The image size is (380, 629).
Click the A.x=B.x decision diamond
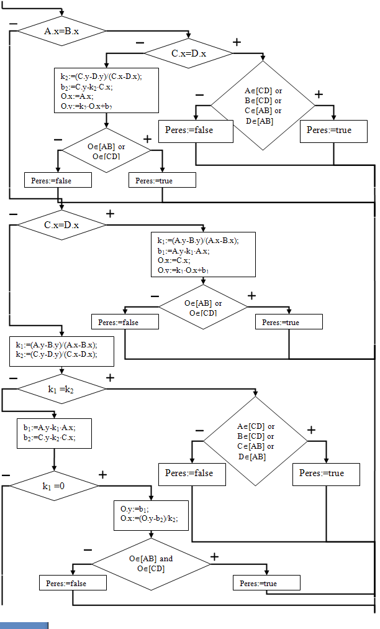click(61, 31)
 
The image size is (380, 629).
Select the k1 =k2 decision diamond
click(61, 389)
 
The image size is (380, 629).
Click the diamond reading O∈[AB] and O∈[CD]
click(151, 563)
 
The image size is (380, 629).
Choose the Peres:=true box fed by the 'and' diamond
click(266, 583)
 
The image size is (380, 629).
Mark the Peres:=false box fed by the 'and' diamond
click(73, 583)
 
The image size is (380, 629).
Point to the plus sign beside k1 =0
click(102, 475)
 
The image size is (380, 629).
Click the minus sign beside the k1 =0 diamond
click(6, 475)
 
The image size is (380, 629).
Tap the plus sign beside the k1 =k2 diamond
click(110, 377)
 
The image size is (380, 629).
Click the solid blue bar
click(24, 625)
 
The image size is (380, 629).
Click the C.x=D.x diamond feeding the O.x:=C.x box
click(61, 224)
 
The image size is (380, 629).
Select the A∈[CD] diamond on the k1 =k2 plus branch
click(256, 441)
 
